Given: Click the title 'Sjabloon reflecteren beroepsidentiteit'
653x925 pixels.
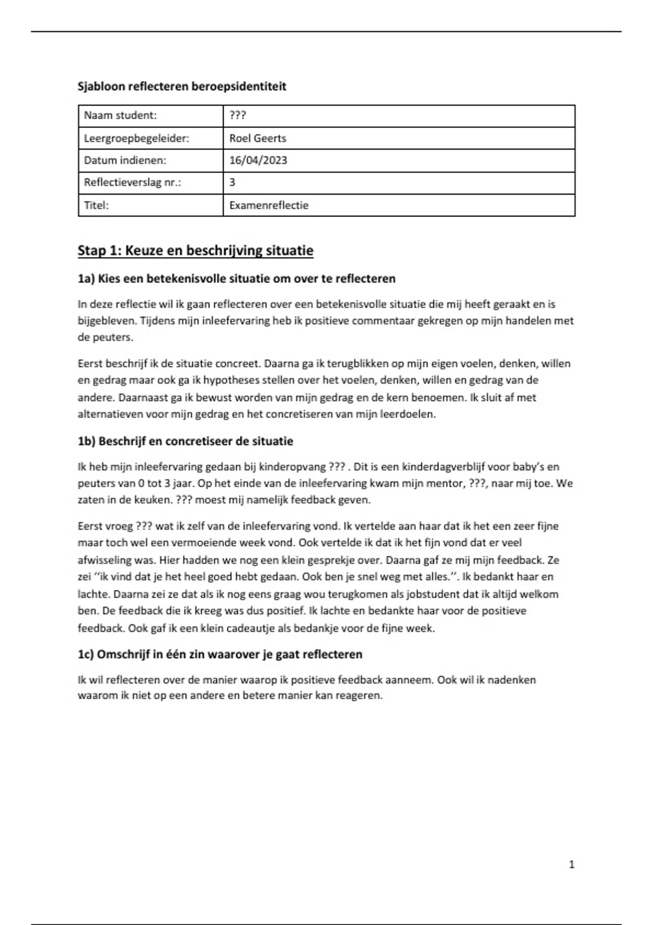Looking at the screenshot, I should [182, 87].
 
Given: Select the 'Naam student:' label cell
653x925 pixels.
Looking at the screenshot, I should [120, 115].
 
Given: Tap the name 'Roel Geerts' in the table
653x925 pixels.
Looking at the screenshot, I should [257, 138].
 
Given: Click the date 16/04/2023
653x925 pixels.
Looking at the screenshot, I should [258, 161].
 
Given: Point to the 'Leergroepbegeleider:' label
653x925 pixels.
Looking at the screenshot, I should [137, 138].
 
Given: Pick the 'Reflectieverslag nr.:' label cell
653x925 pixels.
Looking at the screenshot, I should [132, 182].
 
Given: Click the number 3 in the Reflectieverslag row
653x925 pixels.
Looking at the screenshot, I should [232, 182].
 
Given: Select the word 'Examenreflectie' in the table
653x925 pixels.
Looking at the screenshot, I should [269, 205].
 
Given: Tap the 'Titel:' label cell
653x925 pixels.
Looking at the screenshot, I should [96, 205].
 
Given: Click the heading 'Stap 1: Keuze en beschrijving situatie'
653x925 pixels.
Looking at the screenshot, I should [195, 251].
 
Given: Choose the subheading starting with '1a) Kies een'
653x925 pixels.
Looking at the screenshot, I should [236, 279].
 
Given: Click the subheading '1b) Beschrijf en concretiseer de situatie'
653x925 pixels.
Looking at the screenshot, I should [185, 441].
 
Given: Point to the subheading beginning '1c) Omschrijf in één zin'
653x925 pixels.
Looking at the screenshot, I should [220, 655].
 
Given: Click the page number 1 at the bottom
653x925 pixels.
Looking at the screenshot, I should [571, 864].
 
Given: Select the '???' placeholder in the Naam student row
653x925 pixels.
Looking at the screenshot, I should [237, 115].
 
